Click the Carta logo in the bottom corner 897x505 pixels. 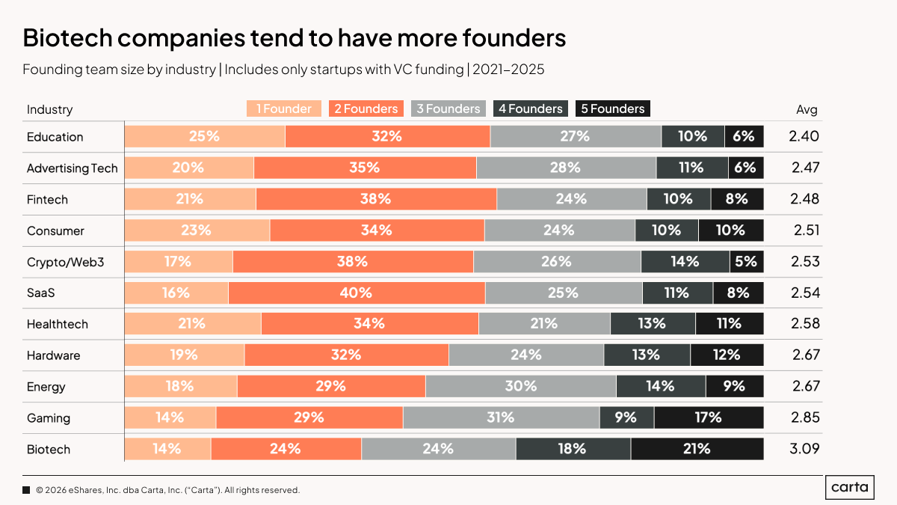pos(851,488)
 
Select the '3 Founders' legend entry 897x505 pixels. pos(449,109)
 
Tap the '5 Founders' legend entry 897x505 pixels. pos(613,109)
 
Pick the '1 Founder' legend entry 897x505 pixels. pos(284,109)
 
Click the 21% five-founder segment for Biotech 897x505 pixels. pos(697,449)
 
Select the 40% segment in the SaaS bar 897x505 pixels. pos(357,293)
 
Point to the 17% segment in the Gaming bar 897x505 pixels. pos(709,417)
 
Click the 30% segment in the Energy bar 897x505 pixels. pos(520,386)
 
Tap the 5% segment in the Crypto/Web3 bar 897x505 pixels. pos(747,261)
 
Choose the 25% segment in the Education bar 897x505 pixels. pos(204,136)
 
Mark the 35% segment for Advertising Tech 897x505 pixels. pos(365,168)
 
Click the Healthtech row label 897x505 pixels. pos(58,324)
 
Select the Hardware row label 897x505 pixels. pos(53,355)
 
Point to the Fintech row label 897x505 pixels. pos(47,199)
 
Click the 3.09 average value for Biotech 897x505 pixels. pos(805,450)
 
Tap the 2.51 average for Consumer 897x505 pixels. pos(805,230)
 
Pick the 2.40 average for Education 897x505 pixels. pos(805,136)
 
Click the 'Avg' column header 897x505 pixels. pos(807,109)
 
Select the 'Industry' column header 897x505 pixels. pos(50,109)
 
